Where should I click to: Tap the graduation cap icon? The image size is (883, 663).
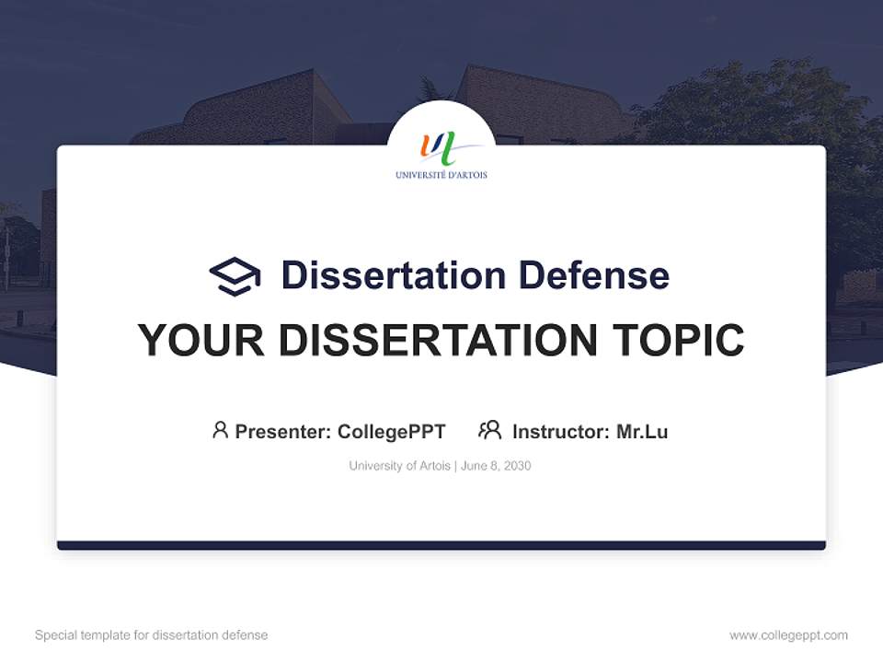(x=235, y=276)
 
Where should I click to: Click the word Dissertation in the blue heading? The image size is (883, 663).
(x=393, y=275)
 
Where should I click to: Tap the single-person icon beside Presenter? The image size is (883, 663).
(x=220, y=430)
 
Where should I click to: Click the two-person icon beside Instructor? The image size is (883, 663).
(x=490, y=430)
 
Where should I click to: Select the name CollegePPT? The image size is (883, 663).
(x=392, y=432)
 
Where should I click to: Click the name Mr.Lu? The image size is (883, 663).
(x=642, y=432)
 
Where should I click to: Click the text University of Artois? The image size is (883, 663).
(x=399, y=466)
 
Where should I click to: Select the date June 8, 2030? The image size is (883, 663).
(x=496, y=466)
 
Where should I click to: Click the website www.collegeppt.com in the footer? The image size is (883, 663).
(x=788, y=635)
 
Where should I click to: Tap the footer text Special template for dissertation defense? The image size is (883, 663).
(x=152, y=635)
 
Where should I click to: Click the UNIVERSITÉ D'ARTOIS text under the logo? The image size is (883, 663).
(x=441, y=175)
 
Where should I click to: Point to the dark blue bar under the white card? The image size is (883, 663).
(x=441, y=545)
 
